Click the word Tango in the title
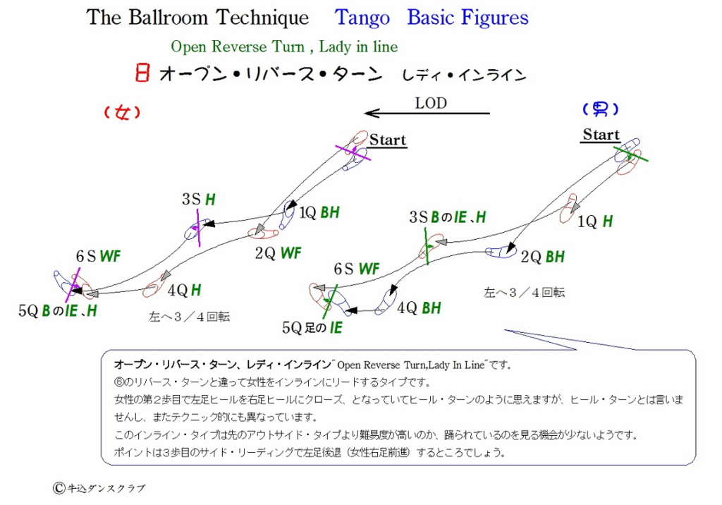[x=362, y=18]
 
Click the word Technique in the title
[x=262, y=18]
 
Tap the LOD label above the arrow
[x=431, y=103]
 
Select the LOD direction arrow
[x=427, y=113]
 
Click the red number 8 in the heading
[x=142, y=73]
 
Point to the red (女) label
[x=122, y=112]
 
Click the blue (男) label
[x=600, y=109]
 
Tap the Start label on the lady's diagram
[x=388, y=140]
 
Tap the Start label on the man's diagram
[x=601, y=135]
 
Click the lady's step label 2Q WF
[x=278, y=253]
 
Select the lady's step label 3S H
[x=198, y=200]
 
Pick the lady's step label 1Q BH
[x=319, y=212]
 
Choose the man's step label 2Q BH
[x=542, y=257]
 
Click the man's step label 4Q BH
[x=419, y=308]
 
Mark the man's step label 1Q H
[x=595, y=221]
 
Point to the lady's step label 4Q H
[x=184, y=291]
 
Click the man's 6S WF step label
[x=356, y=269]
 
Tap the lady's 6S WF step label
[x=98, y=256]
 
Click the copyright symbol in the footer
[x=59, y=488]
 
